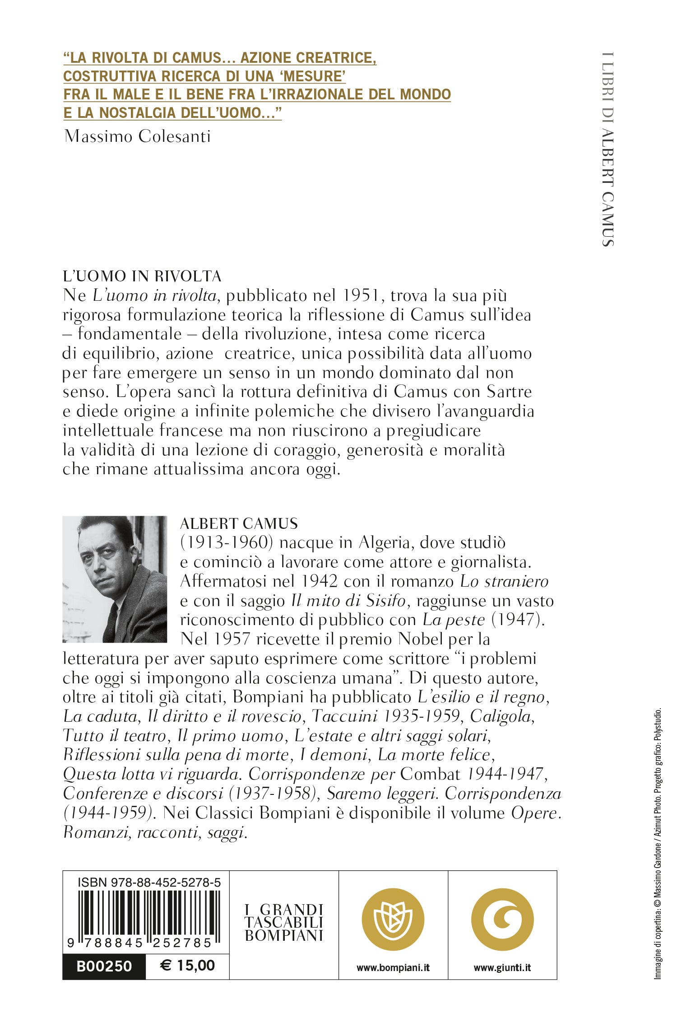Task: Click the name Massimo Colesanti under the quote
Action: click(x=138, y=136)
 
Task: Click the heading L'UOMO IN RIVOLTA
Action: click(x=142, y=276)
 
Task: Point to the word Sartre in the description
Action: click(x=509, y=392)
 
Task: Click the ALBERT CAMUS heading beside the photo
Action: click(x=239, y=523)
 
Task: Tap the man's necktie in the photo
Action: click(x=111, y=621)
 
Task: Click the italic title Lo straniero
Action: click(x=504, y=581)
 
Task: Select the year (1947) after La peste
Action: click(x=518, y=620)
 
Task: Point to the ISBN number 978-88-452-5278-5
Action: click(x=149, y=882)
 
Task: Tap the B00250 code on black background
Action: click(x=104, y=966)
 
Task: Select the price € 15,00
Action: click(x=187, y=966)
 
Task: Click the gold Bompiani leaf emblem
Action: click(x=393, y=919)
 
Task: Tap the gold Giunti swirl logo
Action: click(x=502, y=919)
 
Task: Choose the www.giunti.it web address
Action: click(x=502, y=967)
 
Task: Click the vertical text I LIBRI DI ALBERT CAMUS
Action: click(x=608, y=149)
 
